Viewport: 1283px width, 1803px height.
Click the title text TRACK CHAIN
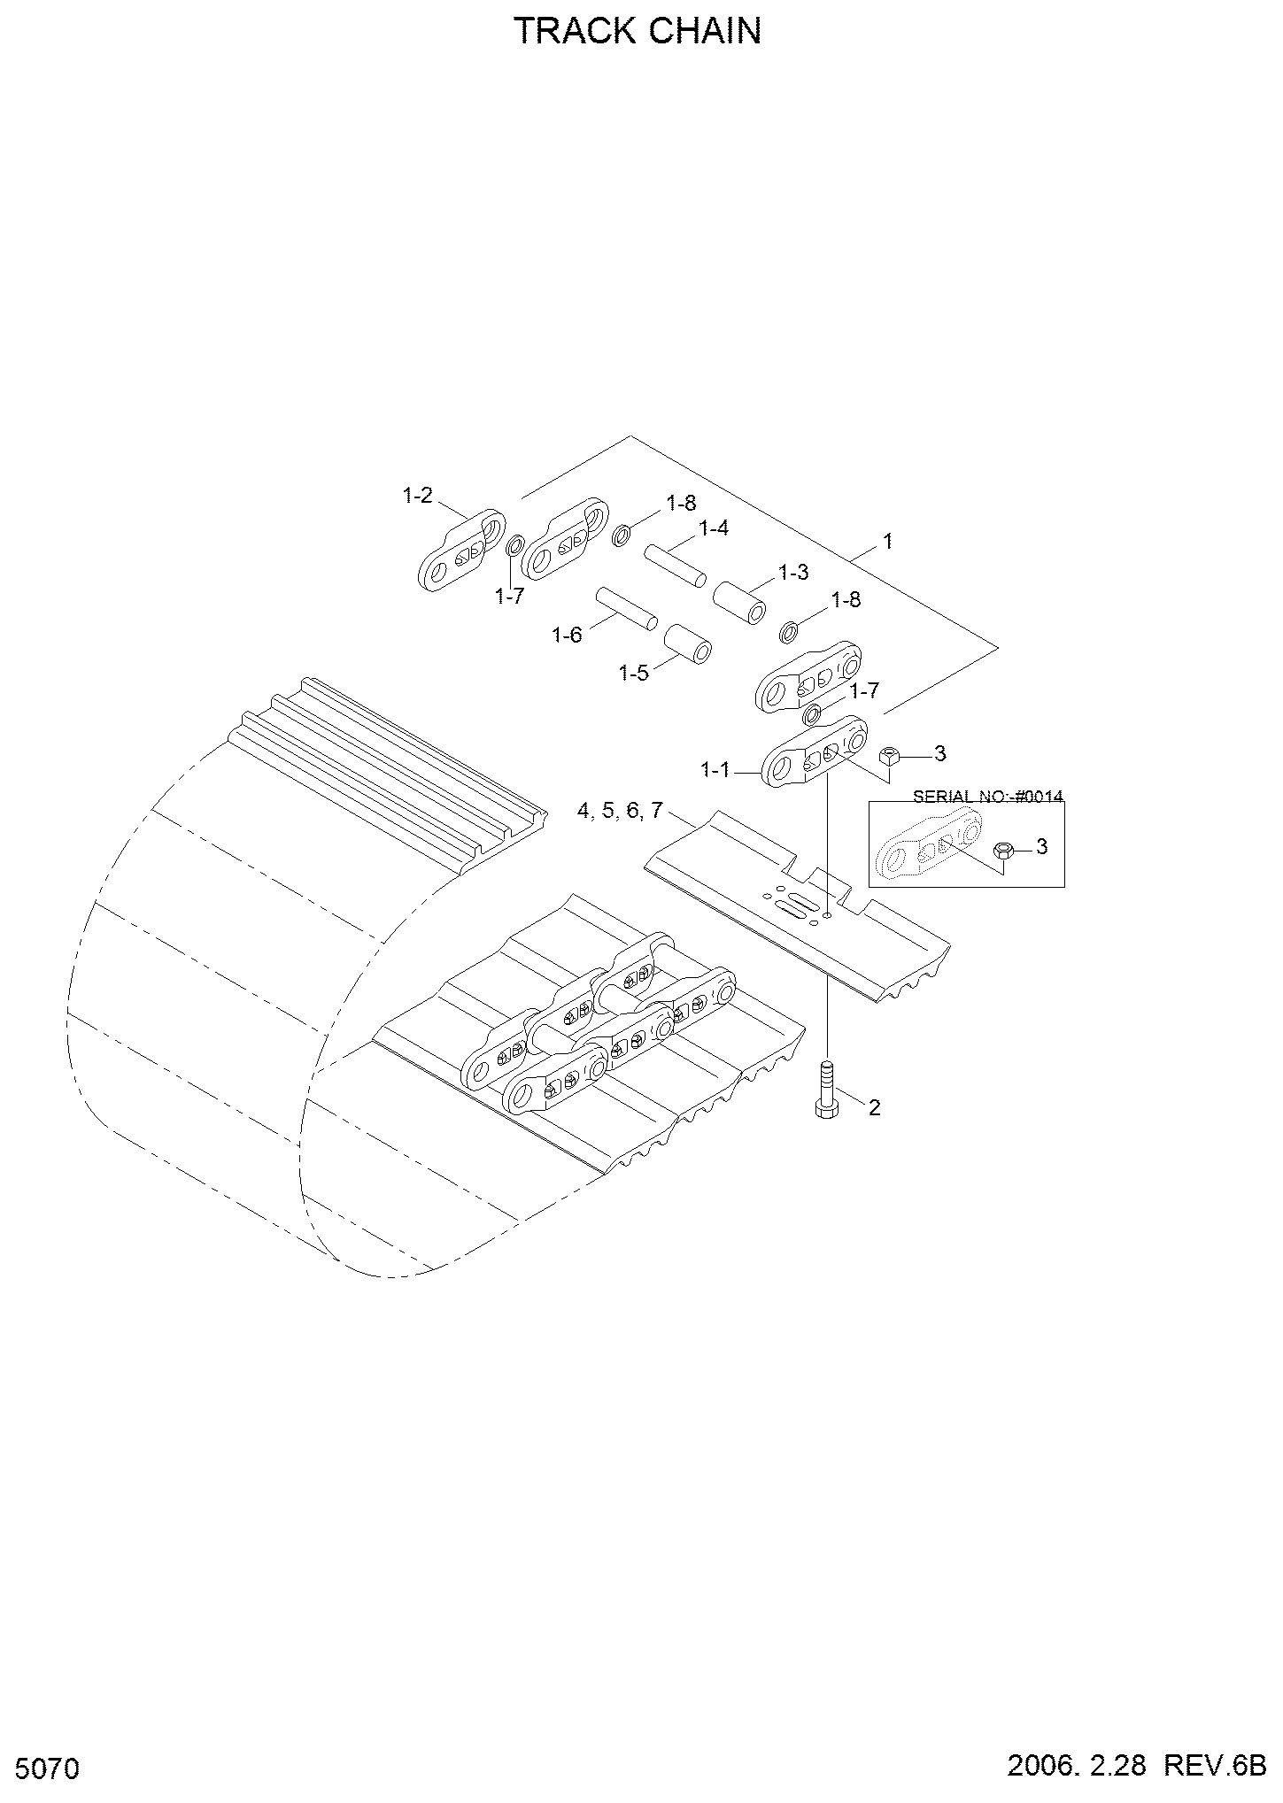[x=638, y=31]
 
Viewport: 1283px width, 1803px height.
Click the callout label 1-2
[x=417, y=496]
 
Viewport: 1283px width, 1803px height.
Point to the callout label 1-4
[x=713, y=528]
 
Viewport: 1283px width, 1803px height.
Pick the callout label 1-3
[x=792, y=572]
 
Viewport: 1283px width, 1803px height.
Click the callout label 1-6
[x=567, y=635]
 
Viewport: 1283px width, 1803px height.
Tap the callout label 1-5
[x=633, y=673]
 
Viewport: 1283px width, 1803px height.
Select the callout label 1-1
[x=715, y=771]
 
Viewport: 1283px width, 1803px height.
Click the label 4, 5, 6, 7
[x=620, y=810]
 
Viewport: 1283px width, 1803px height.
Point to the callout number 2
[x=874, y=1107]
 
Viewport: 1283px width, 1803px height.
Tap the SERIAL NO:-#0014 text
[x=988, y=796]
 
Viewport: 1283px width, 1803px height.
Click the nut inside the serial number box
[x=1004, y=850]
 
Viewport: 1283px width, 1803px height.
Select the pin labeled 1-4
[x=675, y=565]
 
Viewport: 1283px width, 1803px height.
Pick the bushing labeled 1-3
[x=739, y=602]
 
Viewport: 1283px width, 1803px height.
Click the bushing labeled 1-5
[x=688, y=643]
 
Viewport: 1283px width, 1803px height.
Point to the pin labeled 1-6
[x=626, y=608]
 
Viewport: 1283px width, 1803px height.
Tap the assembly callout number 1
[x=888, y=541]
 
